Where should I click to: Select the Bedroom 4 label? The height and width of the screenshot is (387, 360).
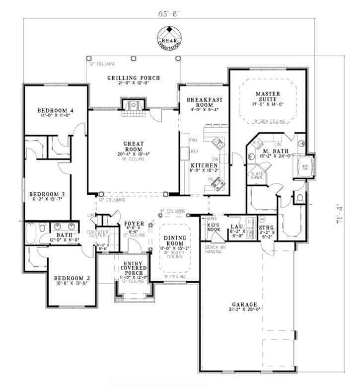click(55, 110)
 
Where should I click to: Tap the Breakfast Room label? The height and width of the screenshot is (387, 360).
click(204, 103)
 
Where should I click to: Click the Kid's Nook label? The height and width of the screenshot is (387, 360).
click(213, 228)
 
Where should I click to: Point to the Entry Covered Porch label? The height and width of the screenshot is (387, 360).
click(132, 269)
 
